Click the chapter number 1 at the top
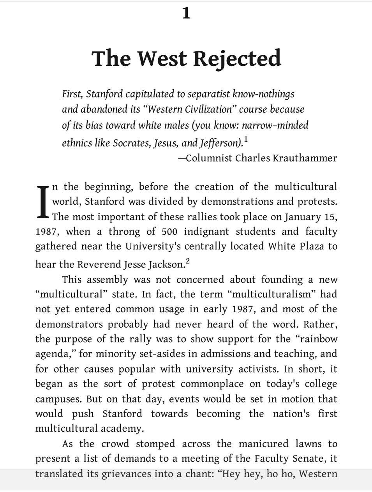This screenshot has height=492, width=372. point(186,14)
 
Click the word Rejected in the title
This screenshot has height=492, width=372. point(237,58)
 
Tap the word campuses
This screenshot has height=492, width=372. point(58,399)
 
